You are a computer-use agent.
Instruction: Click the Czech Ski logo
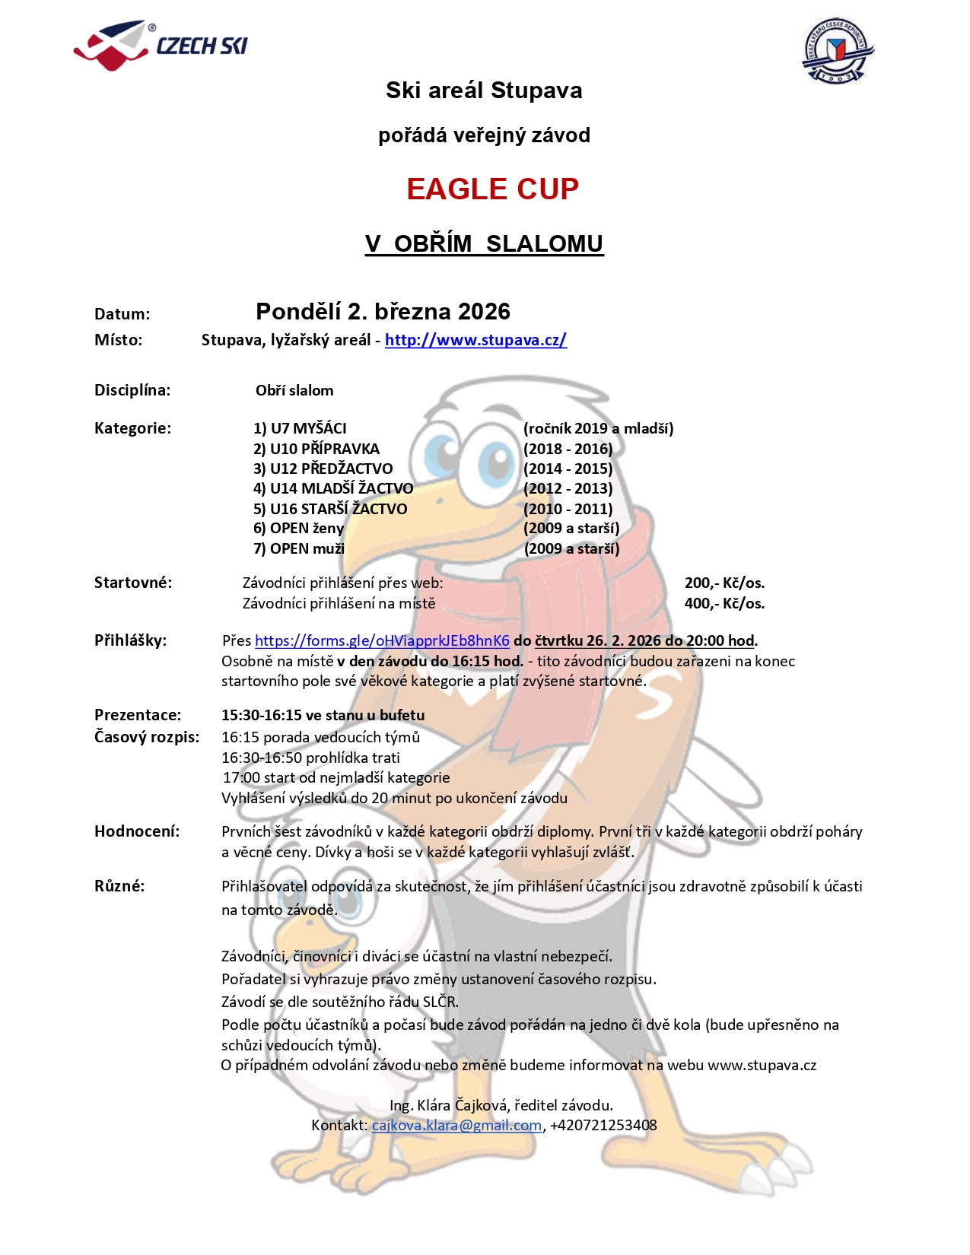[x=161, y=46]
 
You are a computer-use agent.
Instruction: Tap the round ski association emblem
[x=838, y=52]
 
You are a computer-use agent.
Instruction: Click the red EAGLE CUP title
[x=492, y=189]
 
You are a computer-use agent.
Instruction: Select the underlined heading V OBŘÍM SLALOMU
[x=484, y=243]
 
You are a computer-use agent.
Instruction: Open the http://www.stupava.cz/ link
[x=475, y=340]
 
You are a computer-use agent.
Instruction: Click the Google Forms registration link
[x=382, y=640]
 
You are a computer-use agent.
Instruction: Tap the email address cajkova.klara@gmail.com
[x=456, y=1125]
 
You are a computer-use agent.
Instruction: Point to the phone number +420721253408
[x=603, y=1125]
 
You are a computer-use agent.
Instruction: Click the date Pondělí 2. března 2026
[x=383, y=311]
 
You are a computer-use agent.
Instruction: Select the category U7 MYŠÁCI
[x=300, y=428]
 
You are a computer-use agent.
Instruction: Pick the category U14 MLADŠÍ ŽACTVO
[x=333, y=488]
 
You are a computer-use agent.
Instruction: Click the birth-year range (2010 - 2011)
[x=568, y=509]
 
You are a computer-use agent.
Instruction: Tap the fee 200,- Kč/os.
[x=724, y=583]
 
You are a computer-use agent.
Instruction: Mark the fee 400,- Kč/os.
[x=724, y=603]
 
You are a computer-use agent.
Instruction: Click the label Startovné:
[x=133, y=583]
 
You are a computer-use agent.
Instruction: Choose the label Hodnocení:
[x=137, y=831]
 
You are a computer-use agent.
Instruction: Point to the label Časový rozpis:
[x=147, y=737]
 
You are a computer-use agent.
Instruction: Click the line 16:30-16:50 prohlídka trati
[x=310, y=758]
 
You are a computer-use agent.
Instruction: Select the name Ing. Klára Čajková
[x=448, y=1105]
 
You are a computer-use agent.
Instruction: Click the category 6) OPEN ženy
[x=298, y=529]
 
